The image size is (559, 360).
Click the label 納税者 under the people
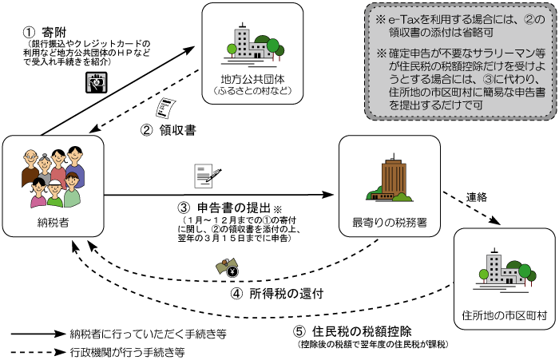(53, 221)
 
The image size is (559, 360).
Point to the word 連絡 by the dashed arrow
(479, 195)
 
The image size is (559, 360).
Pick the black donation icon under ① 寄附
(93, 81)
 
